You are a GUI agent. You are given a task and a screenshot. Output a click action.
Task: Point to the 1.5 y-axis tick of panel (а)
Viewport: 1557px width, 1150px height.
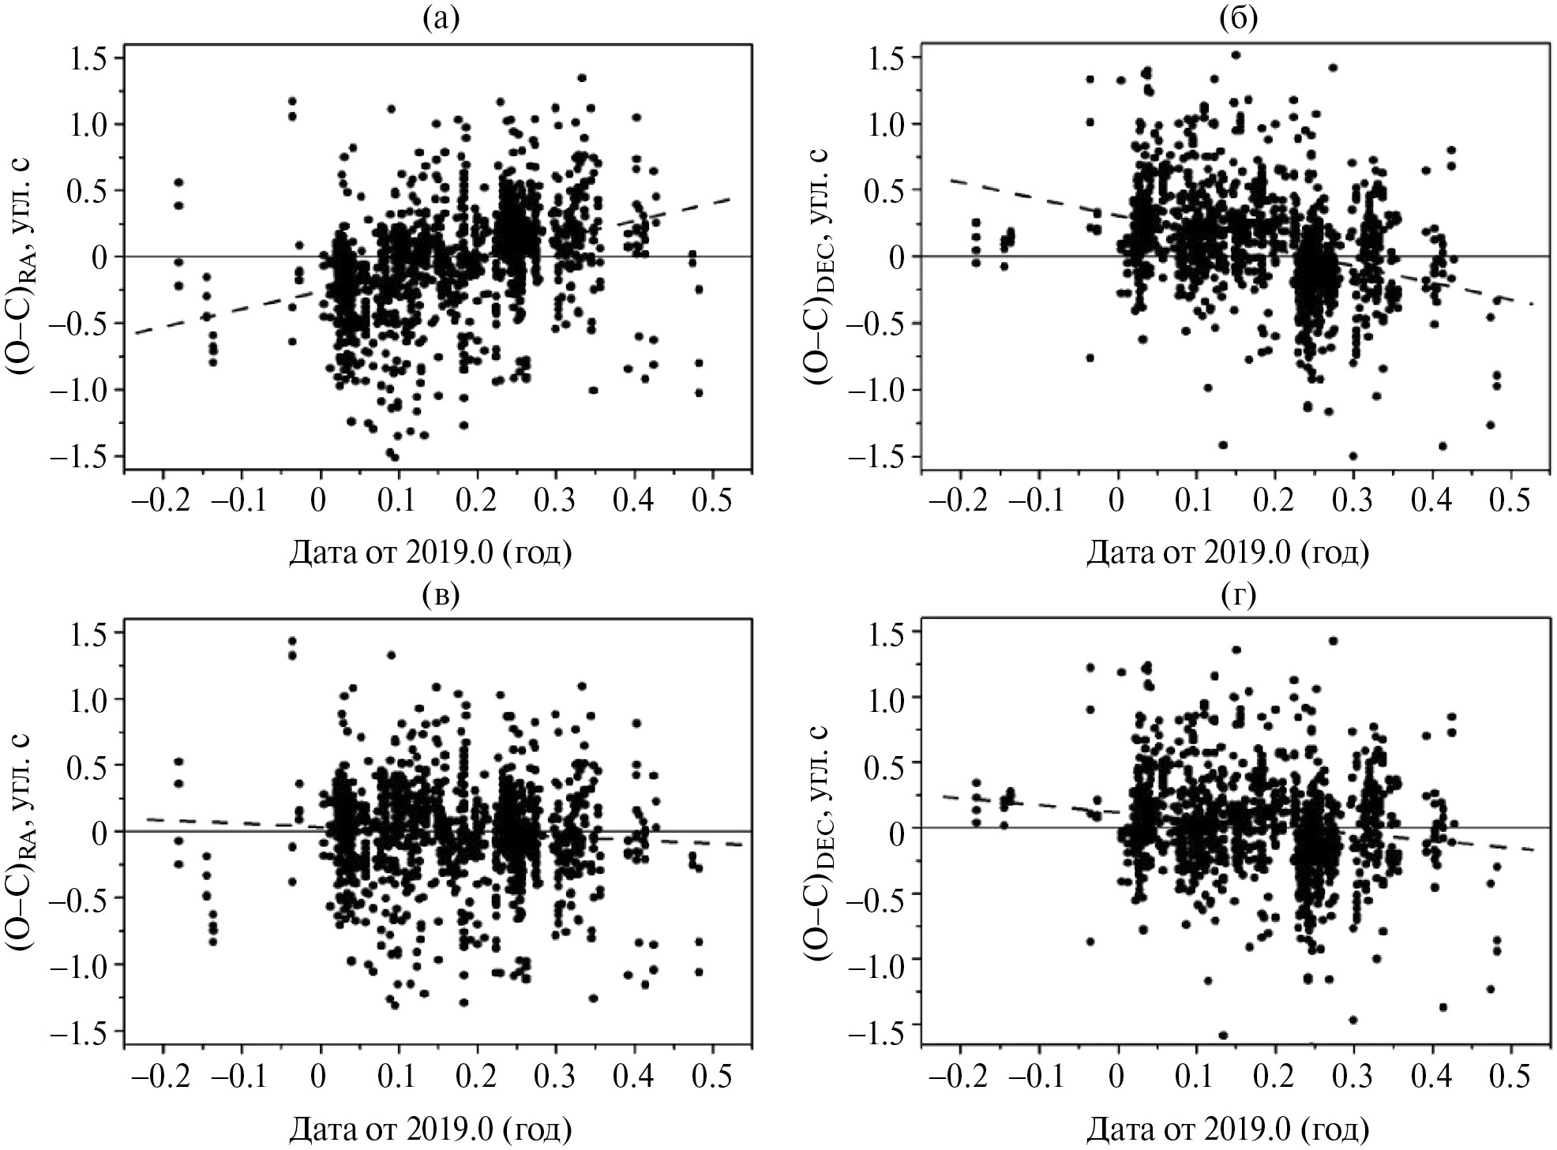89,58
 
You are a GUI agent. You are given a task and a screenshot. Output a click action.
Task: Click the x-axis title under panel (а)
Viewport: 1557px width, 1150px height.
430,553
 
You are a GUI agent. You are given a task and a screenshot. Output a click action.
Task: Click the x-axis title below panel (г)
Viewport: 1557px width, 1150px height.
1228,1129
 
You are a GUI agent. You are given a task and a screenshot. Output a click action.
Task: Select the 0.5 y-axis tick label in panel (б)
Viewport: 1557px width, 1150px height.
887,190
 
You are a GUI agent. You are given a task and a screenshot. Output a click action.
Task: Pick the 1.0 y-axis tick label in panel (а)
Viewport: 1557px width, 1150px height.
89,124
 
